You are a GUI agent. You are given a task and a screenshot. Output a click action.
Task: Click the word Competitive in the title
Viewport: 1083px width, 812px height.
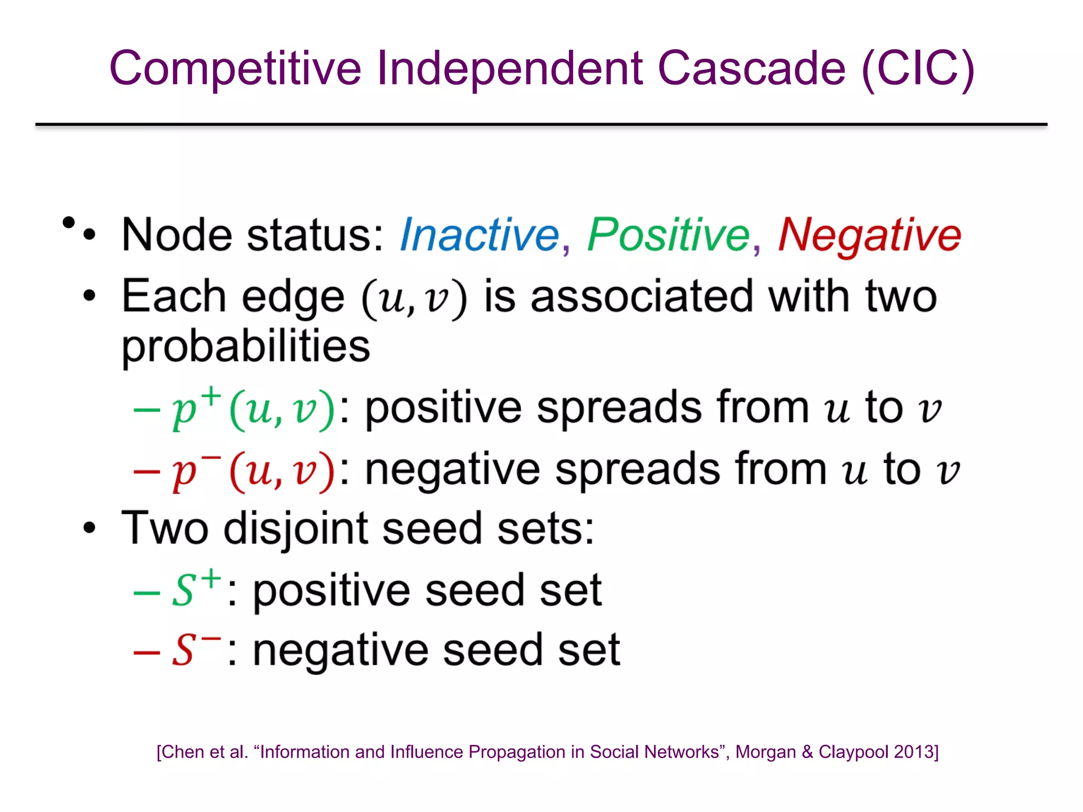point(235,69)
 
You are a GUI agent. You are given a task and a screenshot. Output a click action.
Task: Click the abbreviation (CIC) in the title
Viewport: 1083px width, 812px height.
point(918,69)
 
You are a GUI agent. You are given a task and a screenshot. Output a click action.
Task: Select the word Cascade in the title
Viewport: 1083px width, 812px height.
point(751,69)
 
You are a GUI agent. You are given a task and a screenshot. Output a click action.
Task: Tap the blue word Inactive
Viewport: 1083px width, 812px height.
point(479,235)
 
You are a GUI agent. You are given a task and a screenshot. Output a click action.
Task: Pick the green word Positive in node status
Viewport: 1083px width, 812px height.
point(668,235)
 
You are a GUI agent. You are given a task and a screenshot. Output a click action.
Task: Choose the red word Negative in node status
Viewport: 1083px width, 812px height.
point(869,235)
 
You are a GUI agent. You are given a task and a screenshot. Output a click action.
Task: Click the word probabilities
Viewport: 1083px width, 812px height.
point(246,347)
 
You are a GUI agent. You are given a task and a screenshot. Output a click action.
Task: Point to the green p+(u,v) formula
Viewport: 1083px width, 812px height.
point(253,409)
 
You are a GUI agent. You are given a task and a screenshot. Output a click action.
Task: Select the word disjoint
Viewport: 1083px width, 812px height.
point(296,529)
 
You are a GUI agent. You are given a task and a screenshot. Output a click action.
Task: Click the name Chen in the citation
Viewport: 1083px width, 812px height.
point(181,752)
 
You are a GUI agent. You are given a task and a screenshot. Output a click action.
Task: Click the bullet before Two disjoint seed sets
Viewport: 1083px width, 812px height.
point(89,528)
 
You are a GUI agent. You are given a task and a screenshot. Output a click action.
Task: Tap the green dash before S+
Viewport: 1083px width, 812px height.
point(146,593)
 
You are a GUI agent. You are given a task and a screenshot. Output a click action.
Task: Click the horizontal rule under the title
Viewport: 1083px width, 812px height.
point(541,125)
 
